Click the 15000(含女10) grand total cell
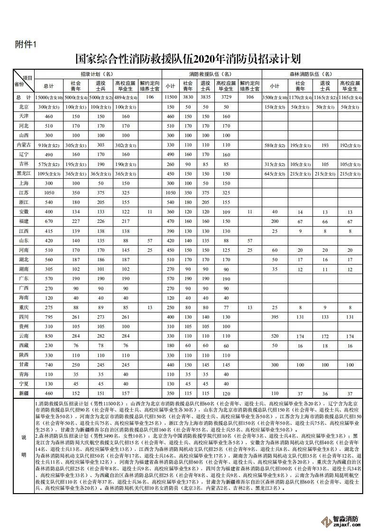point(48,97)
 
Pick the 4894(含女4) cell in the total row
point(126,97)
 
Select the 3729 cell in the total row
point(226,97)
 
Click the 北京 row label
point(24,107)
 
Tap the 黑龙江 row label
point(24,174)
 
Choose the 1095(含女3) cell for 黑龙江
point(48,174)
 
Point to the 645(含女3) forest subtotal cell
point(275,174)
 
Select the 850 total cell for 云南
point(48,336)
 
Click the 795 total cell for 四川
point(48,317)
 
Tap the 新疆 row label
point(24,394)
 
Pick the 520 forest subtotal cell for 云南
point(275,336)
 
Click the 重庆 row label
point(24,307)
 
